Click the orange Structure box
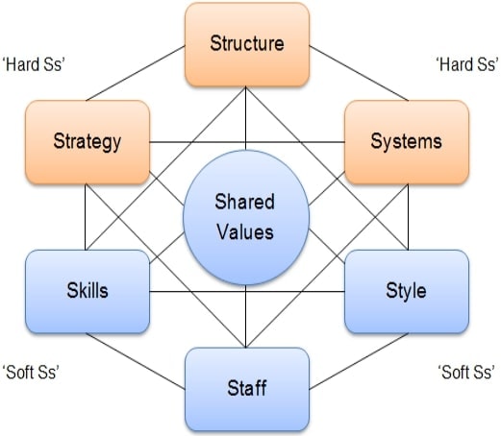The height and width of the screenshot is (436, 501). coord(247,44)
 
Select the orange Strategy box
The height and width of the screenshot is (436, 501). coord(88,142)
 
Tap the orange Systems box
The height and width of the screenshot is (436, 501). coord(407,142)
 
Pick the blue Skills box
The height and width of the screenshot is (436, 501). coord(88,292)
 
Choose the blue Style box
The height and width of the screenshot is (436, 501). coord(407,292)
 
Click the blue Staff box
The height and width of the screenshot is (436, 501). coord(247,389)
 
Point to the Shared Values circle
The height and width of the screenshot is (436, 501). coord(246,217)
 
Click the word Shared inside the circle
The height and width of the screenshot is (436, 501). coord(245,202)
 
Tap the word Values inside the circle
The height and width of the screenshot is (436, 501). coord(245,232)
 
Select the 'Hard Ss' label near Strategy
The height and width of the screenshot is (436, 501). coord(34,64)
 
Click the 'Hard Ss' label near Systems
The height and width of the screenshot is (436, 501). coord(467,64)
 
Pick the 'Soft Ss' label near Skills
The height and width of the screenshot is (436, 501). coord(31,373)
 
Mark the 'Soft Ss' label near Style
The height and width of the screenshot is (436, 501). coord(466,373)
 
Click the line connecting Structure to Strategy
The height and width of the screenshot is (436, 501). coord(136,73)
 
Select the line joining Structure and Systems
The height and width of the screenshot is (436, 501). coord(359,73)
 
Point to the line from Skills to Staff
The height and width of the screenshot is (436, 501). coord(136,361)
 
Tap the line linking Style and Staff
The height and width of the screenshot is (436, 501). coord(359,361)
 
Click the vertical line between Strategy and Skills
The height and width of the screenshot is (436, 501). coord(86,217)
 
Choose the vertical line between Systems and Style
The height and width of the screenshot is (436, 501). coord(408,217)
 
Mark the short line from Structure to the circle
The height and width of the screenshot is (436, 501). coord(245,118)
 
